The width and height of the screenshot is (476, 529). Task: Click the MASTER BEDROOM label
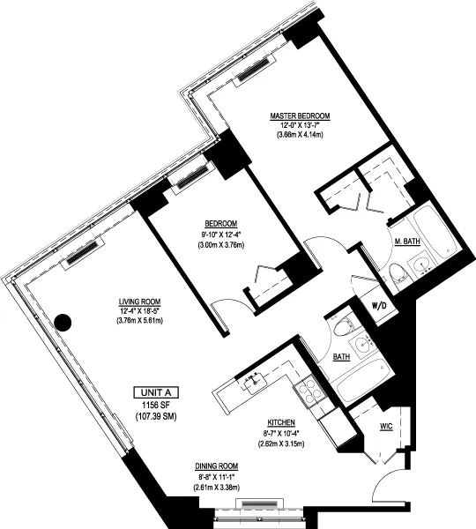[301, 116]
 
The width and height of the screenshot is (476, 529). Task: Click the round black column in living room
[63, 322]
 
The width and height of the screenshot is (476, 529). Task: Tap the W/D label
[380, 305]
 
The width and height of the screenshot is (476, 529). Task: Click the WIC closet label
[387, 426]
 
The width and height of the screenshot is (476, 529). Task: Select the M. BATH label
[406, 242]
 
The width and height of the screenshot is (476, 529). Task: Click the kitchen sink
[257, 380]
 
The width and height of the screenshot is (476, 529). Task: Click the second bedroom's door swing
[225, 309]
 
